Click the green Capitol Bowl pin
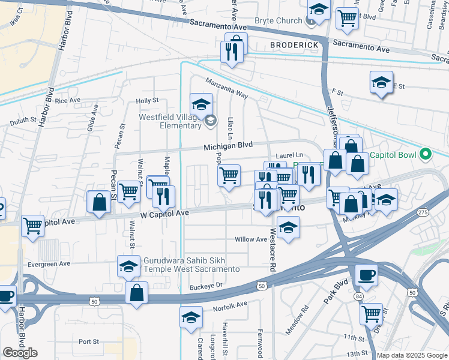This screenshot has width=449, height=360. [426, 155]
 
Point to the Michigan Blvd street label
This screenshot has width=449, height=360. [228, 146]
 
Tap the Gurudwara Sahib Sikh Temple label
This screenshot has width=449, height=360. [191, 265]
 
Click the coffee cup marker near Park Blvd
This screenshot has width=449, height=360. [366, 275]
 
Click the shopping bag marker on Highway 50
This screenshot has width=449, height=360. [136, 293]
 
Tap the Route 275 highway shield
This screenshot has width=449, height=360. [424, 212]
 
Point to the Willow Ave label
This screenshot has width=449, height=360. [251, 239]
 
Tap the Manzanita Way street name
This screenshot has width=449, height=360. [226, 88]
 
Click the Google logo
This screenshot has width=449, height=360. [20, 353]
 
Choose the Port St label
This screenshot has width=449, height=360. [88, 341]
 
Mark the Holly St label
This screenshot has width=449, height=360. [147, 101]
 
